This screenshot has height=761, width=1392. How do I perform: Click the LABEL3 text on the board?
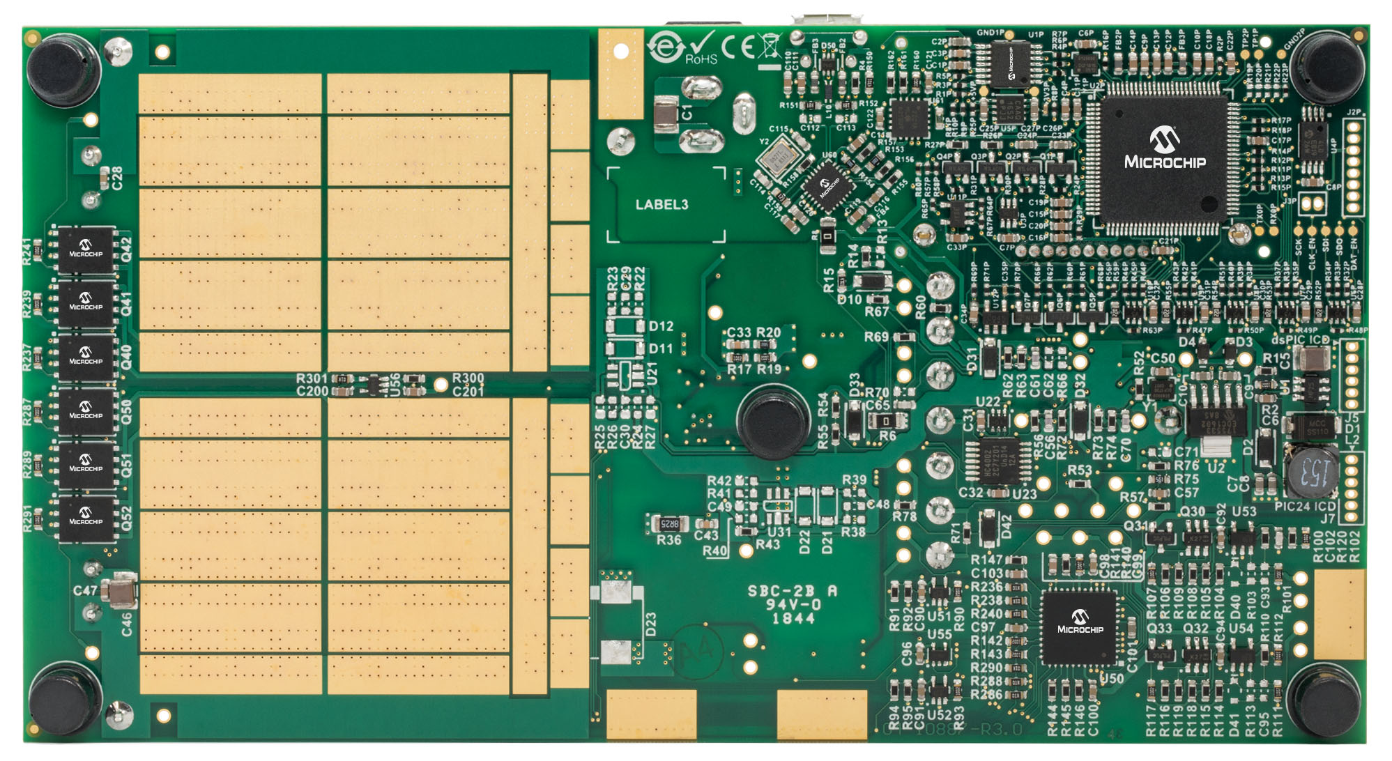click(x=661, y=204)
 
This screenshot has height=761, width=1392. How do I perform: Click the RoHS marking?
click(x=701, y=59)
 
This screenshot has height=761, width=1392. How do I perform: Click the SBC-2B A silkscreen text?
click(x=792, y=591)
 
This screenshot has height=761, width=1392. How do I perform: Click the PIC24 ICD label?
click(x=1305, y=506)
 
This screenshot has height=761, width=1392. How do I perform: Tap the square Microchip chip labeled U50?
click(x=1080, y=626)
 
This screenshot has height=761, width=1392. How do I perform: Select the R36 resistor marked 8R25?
click(x=668, y=523)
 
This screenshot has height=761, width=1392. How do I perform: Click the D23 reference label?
click(x=650, y=624)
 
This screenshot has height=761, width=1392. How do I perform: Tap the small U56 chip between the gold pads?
click(x=375, y=384)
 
